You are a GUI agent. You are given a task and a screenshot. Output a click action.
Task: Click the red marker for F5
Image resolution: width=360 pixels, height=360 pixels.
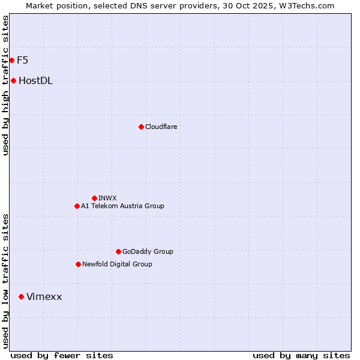[x=11, y=60]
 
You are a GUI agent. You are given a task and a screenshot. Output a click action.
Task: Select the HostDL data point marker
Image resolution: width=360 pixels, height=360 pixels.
[x=13, y=81]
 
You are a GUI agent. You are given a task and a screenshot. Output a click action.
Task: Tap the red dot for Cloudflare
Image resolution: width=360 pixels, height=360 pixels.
[x=141, y=127]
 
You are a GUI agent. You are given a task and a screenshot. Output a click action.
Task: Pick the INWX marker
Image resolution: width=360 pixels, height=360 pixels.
[x=94, y=198]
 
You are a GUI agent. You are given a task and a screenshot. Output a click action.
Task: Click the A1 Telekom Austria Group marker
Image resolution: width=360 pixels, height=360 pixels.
[x=77, y=206]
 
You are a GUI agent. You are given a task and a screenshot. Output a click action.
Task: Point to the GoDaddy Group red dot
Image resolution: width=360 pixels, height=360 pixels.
[x=118, y=251]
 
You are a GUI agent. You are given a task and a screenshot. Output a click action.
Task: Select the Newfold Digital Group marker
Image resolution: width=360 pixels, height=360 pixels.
[x=78, y=264]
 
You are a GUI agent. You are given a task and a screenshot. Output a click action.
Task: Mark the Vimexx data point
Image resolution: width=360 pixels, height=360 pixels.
[x=21, y=296]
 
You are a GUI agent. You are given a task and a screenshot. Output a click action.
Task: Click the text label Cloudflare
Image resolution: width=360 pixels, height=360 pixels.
[x=161, y=127]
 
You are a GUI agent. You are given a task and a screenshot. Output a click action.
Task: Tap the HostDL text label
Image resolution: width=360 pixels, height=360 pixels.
[x=35, y=81]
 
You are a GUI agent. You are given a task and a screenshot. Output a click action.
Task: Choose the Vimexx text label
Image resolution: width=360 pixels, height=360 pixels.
[x=44, y=296]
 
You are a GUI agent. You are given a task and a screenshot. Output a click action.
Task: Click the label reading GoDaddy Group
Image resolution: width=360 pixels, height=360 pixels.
[x=148, y=251]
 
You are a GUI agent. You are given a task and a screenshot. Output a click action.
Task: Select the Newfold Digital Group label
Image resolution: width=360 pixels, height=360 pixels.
[x=117, y=264]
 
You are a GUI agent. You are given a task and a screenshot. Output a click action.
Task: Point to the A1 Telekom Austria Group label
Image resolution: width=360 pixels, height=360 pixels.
[x=122, y=206]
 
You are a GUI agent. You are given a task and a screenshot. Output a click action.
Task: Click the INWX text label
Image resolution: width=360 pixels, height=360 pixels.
[x=107, y=198]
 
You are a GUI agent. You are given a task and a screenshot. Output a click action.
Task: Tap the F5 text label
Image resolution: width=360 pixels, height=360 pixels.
[x=22, y=60]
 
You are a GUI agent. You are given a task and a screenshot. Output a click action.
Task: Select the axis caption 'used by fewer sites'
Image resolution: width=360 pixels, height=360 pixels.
[x=62, y=355]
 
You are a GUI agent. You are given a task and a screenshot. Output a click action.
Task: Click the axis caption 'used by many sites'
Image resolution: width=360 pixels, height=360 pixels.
[x=301, y=355]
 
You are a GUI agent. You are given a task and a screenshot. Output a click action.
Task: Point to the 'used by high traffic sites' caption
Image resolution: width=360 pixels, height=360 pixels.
[x=5, y=85]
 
